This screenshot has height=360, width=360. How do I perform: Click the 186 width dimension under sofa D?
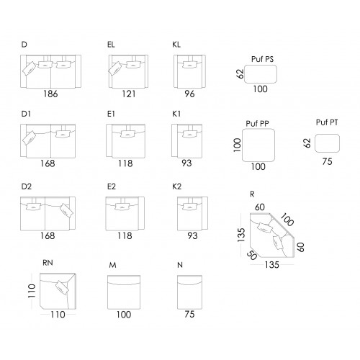(50, 94)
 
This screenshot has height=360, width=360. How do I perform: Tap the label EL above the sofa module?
(111, 45)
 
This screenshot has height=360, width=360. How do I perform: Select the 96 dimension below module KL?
(189, 94)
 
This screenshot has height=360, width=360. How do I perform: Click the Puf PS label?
(262, 59)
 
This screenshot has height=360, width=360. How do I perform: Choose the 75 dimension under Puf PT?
(327, 161)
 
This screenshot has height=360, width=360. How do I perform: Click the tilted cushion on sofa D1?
(29, 138)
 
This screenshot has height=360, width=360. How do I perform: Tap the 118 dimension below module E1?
(125, 163)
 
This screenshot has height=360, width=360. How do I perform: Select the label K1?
(176, 114)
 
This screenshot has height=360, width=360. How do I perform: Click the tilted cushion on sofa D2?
(66, 210)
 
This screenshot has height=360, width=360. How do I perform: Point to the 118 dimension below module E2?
(125, 235)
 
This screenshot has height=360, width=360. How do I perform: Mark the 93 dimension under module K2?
(192, 235)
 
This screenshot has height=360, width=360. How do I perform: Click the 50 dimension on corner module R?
(252, 256)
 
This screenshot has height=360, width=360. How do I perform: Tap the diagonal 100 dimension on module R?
(287, 220)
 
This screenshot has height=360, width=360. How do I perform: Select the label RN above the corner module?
(48, 263)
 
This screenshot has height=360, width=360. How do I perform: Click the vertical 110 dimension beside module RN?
(32, 291)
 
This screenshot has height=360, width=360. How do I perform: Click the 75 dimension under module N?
(189, 314)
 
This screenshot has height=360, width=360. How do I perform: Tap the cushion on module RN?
(62, 287)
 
